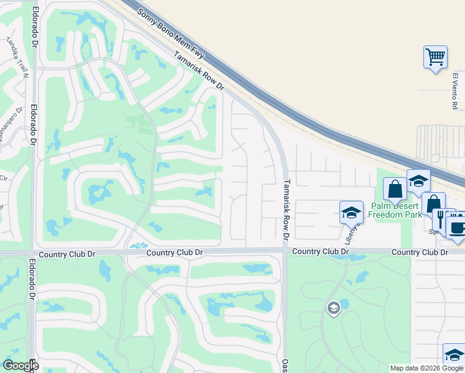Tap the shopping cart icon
click(x=435, y=57)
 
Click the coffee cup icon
click(x=458, y=225)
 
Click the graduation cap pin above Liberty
click(x=351, y=212)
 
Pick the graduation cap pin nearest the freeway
click(x=418, y=181)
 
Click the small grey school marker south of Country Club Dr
click(x=334, y=308)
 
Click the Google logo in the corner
click(x=21, y=366)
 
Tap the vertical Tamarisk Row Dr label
click(x=287, y=210)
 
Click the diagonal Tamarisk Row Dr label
click(x=198, y=71)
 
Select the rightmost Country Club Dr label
click(x=420, y=252)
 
